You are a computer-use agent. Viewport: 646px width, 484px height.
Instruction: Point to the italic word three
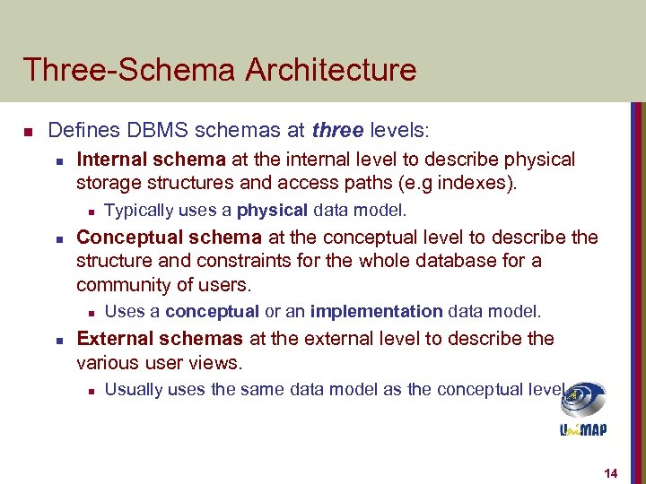(x=337, y=131)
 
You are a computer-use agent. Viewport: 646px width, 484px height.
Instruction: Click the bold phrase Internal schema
(x=152, y=160)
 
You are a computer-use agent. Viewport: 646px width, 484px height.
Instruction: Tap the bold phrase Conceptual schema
(x=169, y=238)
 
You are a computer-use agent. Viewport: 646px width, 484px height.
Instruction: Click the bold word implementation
(x=376, y=312)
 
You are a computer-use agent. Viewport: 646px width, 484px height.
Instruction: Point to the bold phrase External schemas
(x=160, y=339)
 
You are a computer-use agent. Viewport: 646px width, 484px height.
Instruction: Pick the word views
(x=221, y=363)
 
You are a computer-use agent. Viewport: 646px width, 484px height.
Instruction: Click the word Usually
(x=132, y=390)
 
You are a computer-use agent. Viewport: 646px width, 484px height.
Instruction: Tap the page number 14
(x=612, y=472)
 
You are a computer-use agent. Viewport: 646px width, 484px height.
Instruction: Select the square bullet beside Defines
(x=28, y=133)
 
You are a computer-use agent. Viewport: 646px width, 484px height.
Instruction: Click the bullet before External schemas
(x=57, y=341)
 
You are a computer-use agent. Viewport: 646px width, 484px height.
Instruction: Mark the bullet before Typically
(x=91, y=212)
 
